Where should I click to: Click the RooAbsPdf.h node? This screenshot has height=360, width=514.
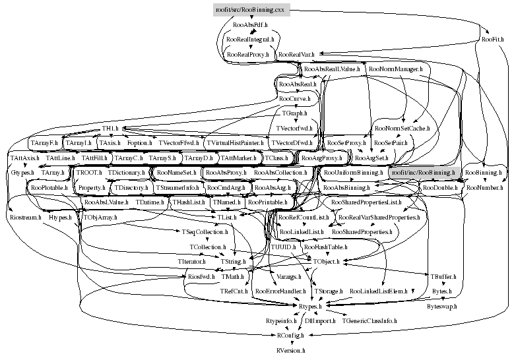(x=251, y=24)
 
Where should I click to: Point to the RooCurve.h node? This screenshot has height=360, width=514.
(x=295, y=99)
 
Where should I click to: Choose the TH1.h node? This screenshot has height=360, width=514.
(x=110, y=128)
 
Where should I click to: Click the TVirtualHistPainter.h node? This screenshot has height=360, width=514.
(x=235, y=142)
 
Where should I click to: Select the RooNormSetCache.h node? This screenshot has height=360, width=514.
(x=401, y=128)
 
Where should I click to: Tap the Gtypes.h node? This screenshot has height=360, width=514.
(x=22, y=173)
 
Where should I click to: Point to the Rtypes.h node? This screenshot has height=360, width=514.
(x=307, y=307)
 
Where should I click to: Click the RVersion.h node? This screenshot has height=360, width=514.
(x=291, y=351)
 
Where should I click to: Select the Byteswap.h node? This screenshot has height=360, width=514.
(x=441, y=307)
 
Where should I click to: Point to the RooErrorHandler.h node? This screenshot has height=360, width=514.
(x=280, y=291)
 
